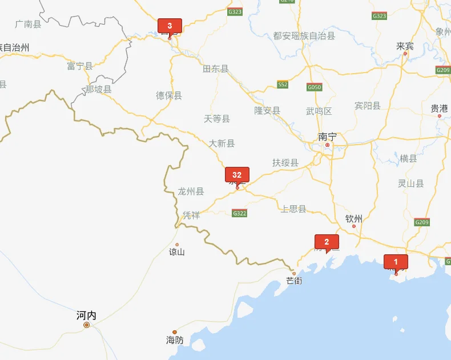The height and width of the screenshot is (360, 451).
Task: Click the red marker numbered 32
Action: (x=237, y=175)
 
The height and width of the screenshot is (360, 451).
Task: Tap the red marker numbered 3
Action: (x=170, y=26)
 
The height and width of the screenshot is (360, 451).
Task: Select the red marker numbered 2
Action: (x=327, y=242)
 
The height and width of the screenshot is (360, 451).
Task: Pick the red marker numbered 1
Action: (x=396, y=262)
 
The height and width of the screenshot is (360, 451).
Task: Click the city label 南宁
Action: (x=327, y=137)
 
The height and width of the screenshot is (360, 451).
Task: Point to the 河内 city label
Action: (x=86, y=315)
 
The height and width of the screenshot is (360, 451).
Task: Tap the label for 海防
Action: (x=175, y=340)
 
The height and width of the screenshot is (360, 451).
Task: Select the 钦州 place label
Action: (x=354, y=218)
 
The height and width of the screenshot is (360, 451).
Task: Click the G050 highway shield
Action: (x=314, y=87)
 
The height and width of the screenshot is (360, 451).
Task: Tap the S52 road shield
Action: (x=283, y=85)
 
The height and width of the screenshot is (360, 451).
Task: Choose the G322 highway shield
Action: (x=240, y=213)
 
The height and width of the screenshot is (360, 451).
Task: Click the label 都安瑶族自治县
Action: (x=304, y=35)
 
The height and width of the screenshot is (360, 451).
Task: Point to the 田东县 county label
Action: (x=216, y=69)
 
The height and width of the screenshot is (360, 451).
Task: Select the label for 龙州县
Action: (x=191, y=191)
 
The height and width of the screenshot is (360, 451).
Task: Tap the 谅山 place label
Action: (x=177, y=252)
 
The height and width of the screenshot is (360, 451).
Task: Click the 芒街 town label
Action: (x=295, y=281)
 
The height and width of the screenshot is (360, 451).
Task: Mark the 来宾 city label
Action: (x=405, y=46)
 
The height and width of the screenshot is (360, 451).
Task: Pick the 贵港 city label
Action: (x=439, y=108)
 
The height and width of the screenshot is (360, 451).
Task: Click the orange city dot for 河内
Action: (x=87, y=325)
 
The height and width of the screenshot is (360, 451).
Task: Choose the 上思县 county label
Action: (x=293, y=209)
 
